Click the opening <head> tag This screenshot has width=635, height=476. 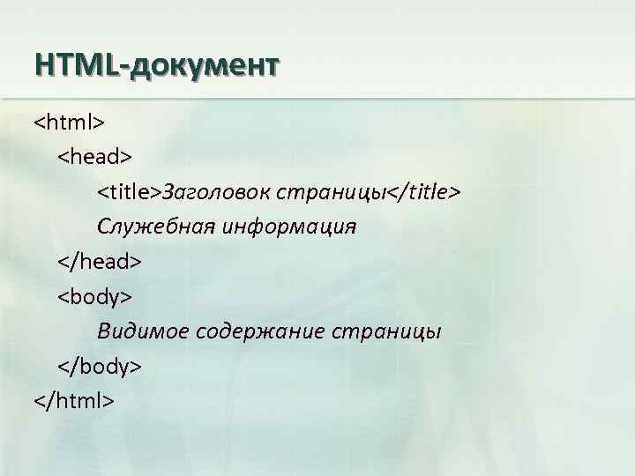[x=94, y=157]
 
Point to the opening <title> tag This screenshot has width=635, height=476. [x=129, y=191]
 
